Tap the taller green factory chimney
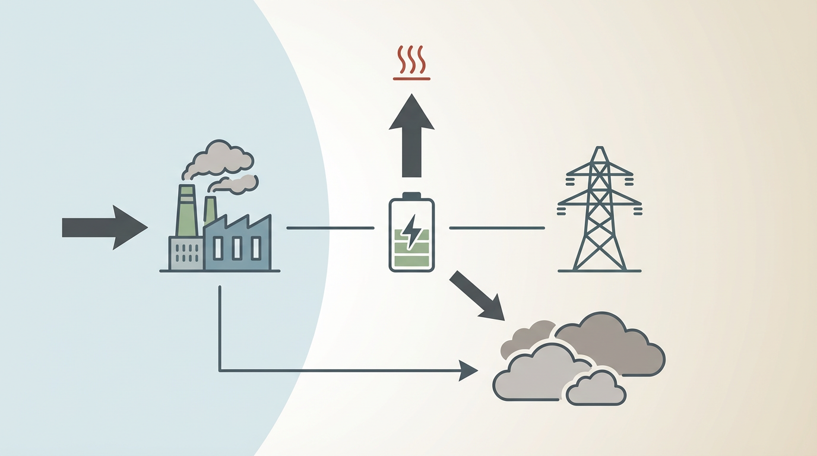coord(186,211)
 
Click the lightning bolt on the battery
coord(411,231)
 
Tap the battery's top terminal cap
coord(411,195)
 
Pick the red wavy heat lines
coord(411,59)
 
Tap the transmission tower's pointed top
coord(600,150)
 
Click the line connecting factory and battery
coord(330,228)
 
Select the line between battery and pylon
coord(496,228)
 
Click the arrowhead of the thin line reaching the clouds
coord(469,371)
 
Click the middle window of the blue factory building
coord(236,248)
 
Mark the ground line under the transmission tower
coord(600,271)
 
